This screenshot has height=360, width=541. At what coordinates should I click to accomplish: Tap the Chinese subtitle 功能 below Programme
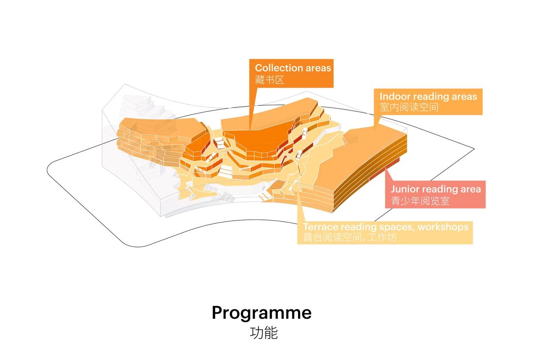coord(264,333)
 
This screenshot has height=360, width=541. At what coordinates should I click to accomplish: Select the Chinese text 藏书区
coord(270,79)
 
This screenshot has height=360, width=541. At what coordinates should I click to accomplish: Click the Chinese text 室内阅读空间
coord(409,107)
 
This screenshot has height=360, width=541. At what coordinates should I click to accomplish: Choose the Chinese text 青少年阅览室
coord(420,201)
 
